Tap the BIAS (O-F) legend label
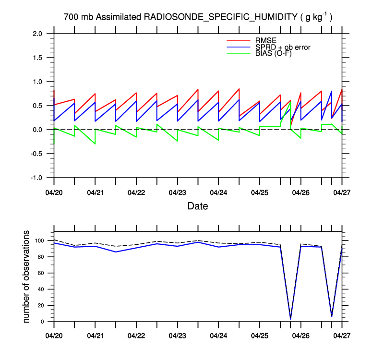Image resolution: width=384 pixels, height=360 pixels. click(x=273, y=53)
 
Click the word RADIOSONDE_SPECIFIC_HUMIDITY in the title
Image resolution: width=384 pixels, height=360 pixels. click(x=220, y=17)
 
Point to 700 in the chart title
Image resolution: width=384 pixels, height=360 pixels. click(x=71, y=17)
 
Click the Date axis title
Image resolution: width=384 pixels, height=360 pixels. click(x=198, y=206)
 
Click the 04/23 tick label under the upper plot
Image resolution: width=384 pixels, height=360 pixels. click(x=178, y=192)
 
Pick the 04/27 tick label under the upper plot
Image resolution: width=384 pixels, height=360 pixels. click(x=342, y=192)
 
